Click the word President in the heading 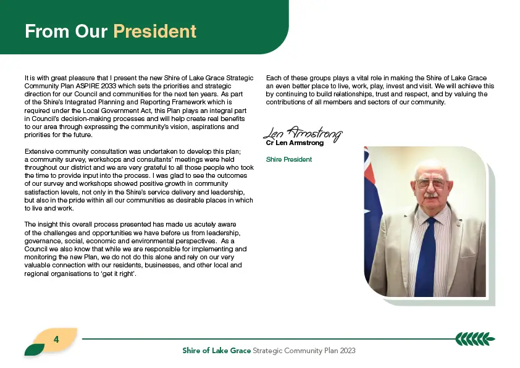[154, 31]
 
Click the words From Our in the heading [66, 31]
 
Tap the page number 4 [56, 340]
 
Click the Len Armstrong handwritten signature [302, 133]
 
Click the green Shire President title [288, 159]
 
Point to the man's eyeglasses [430, 183]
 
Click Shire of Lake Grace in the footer [216, 351]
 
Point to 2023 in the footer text [347, 351]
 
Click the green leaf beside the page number [33, 349]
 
